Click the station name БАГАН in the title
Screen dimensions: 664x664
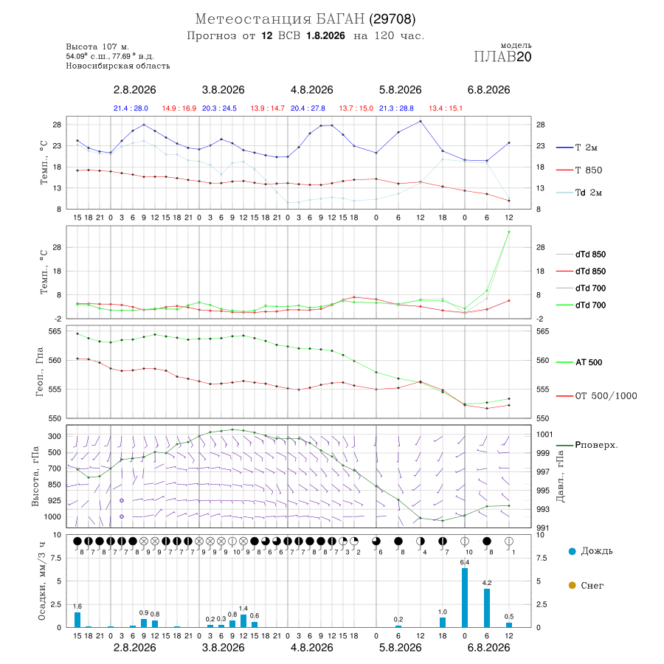(340, 19)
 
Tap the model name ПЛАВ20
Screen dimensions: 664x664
(502, 57)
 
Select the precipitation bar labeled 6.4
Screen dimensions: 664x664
(465, 598)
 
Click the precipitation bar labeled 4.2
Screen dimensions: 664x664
(487, 608)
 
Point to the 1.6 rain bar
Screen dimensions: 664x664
(77, 620)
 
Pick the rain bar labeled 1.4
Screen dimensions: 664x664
(243, 620)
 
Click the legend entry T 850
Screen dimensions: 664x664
(579, 170)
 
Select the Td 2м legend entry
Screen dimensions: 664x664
(579, 193)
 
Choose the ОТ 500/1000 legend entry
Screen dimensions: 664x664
(597, 395)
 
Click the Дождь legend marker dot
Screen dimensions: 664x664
(572, 551)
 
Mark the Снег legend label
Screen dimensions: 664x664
(592, 586)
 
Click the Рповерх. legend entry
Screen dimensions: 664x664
(587, 445)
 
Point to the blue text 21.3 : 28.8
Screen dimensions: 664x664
(396, 108)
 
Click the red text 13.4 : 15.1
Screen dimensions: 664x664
(446, 108)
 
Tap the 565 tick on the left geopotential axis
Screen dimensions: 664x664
(55, 331)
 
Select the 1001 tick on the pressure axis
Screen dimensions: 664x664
(544, 434)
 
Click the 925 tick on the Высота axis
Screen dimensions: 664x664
(54, 500)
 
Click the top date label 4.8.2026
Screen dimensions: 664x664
(311, 90)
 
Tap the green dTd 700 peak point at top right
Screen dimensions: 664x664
(508, 232)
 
